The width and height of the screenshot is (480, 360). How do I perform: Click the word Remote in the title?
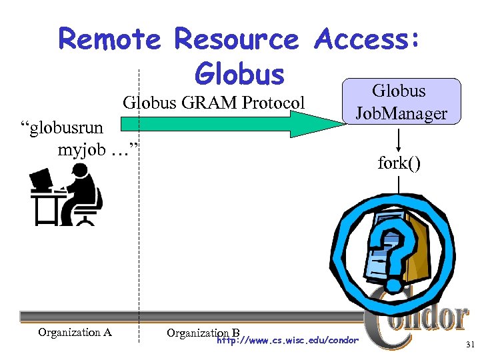coord(109,39)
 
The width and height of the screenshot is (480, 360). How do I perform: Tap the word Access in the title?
coord(367,39)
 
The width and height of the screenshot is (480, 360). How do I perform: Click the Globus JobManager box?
coord(401,101)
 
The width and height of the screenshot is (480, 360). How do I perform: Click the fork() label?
coord(399,163)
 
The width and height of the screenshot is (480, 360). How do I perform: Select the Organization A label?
coord(74,332)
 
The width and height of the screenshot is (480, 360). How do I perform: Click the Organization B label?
coord(203,332)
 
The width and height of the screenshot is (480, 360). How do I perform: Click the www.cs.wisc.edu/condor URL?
coord(288,341)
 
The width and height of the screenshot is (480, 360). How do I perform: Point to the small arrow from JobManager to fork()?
coord(399,139)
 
